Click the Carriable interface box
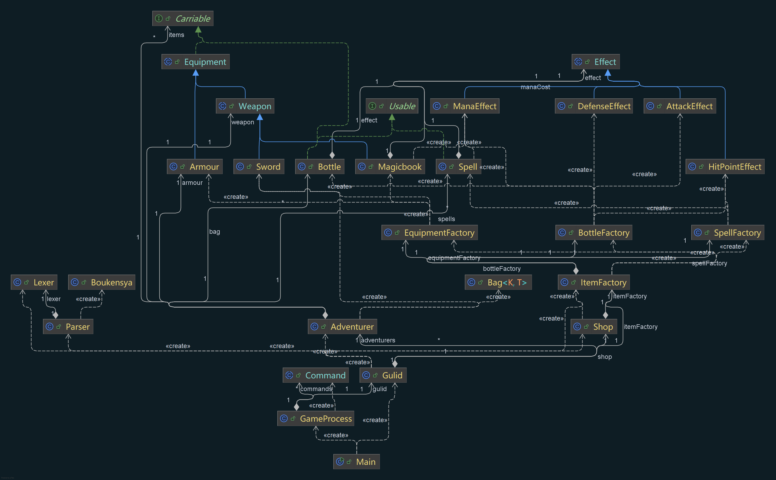183,18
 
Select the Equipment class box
195,62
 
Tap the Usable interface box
392,106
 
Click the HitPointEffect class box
725,167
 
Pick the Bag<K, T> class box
498,282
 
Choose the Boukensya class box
102,282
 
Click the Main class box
356,462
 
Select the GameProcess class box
315,418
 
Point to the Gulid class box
383,375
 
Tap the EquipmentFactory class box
429,233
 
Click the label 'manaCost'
535,87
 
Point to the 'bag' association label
215,232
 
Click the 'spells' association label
446,219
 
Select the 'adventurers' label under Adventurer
378,340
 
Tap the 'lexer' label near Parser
53,299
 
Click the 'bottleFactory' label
501,269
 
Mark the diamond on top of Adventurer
325,315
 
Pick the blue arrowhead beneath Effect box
608,73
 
